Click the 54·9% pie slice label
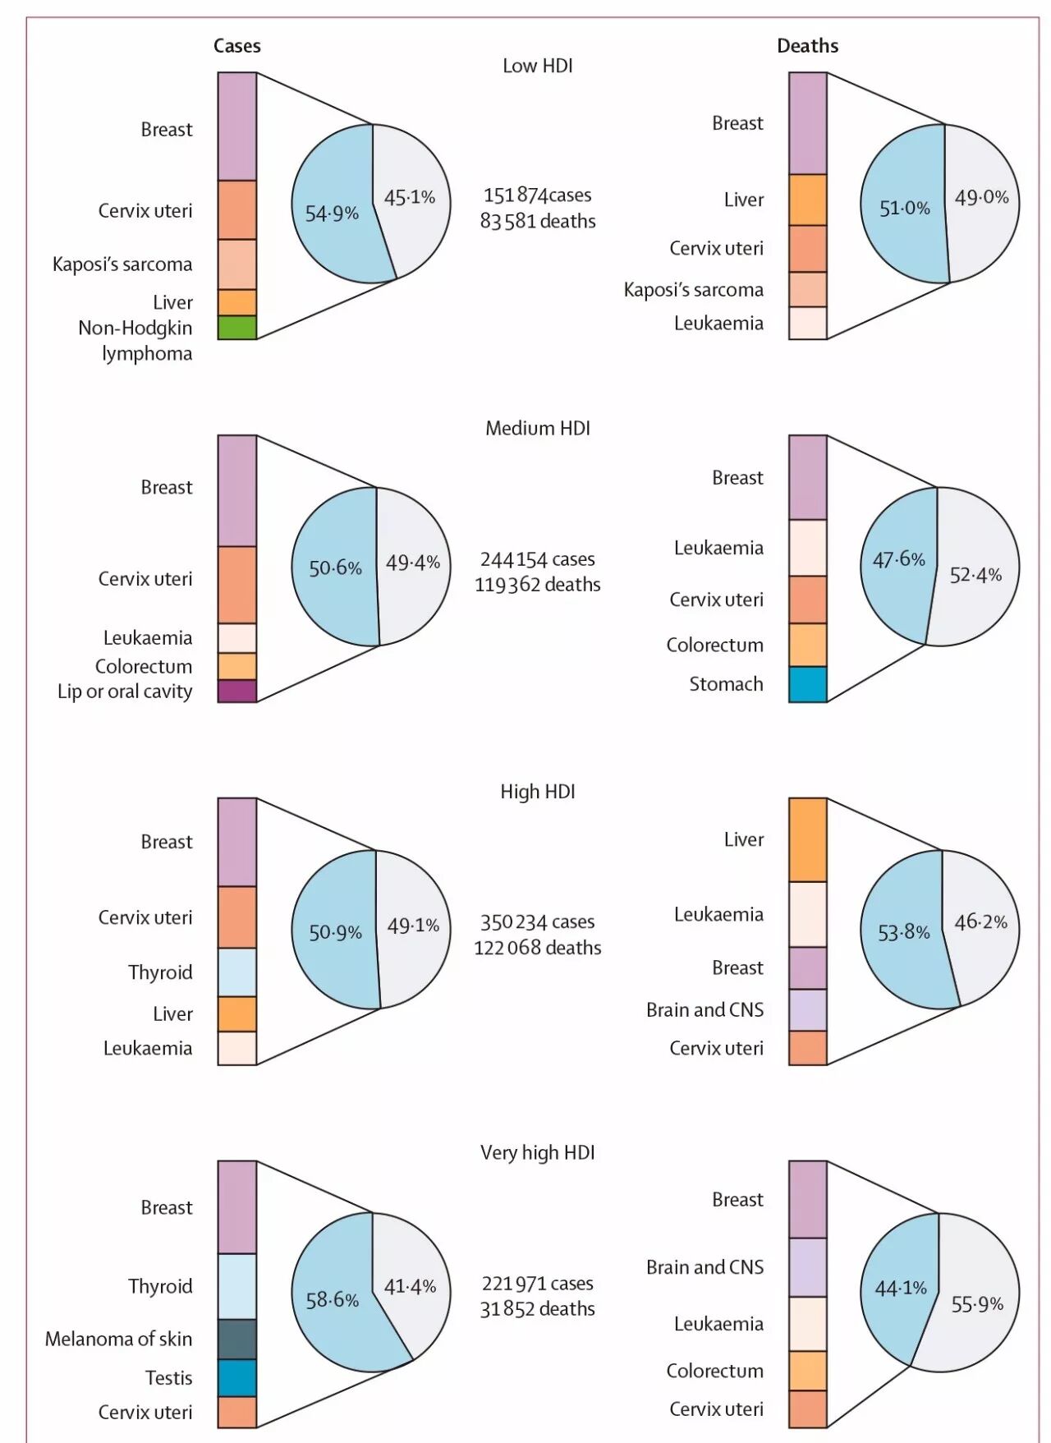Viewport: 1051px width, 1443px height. (x=332, y=214)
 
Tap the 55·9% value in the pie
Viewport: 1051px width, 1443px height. (x=977, y=1304)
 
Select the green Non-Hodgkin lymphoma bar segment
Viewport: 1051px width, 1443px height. (x=237, y=328)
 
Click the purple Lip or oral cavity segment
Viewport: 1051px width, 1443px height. (x=237, y=692)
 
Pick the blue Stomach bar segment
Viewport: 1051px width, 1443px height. (x=808, y=684)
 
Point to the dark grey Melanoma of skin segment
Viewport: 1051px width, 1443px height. (x=237, y=1339)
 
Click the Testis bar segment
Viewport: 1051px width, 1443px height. (x=237, y=1378)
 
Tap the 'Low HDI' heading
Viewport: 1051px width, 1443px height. (x=538, y=66)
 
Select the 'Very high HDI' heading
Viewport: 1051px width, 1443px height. (x=538, y=1153)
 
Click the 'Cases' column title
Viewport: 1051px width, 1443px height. (x=237, y=46)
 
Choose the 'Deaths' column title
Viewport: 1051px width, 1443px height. (x=808, y=46)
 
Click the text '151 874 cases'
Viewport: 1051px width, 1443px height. (x=538, y=195)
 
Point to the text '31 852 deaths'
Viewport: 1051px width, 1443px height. (x=538, y=1309)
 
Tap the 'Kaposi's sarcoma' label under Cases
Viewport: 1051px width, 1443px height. (x=122, y=264)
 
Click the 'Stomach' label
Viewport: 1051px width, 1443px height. (x=726, y=684)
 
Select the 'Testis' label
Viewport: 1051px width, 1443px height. (x=169, y=1378)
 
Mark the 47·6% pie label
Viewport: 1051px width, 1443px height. (x=898, y=559)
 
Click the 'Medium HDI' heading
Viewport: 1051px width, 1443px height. (x=538, y=429)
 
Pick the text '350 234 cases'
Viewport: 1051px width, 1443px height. (x=538, y=922)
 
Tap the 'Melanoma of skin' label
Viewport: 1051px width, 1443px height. (x=119, y=1340)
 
